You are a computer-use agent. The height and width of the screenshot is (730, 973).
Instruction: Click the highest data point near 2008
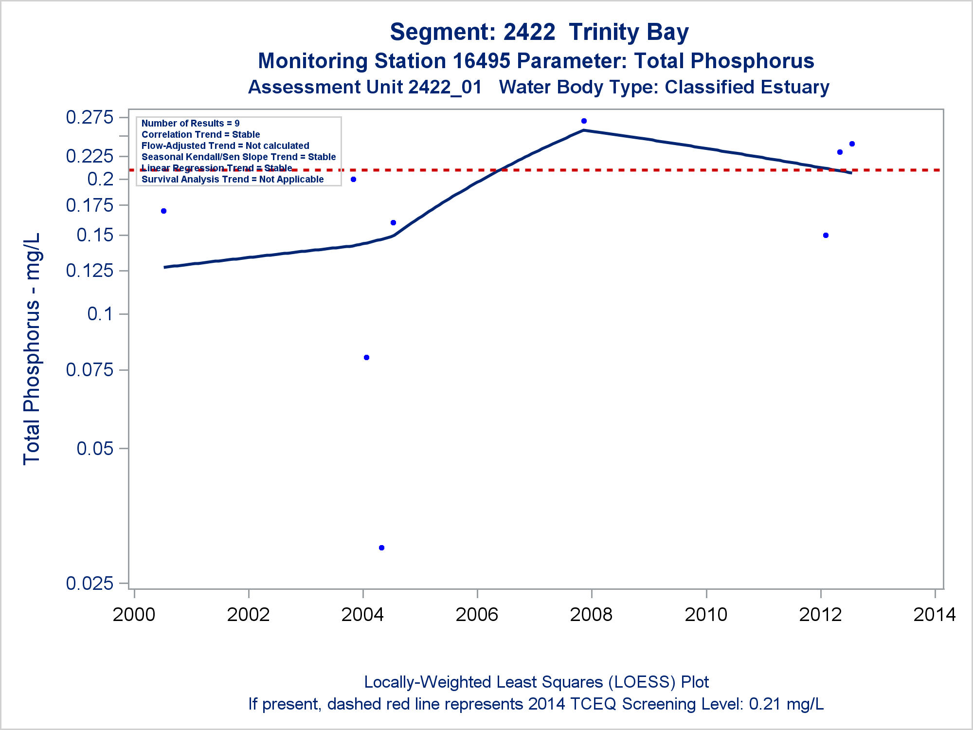coord(584,121)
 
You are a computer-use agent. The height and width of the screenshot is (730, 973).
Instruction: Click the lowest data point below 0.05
coord(381,547)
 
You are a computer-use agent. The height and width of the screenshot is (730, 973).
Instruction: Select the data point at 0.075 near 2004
coord(366,357)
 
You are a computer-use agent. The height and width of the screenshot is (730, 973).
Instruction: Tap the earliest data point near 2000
coord(163,211)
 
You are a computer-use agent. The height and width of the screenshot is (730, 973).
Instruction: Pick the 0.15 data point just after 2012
coord(826,235)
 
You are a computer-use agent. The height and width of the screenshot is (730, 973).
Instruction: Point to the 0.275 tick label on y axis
coord(90,117)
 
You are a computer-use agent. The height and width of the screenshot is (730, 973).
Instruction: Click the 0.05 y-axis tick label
coord(95,448)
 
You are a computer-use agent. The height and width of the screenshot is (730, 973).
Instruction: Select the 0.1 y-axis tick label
coord(100,314)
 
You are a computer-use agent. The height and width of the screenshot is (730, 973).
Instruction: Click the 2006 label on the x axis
coord(477,614)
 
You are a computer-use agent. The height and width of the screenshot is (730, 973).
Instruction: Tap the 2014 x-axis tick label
coord(935,614)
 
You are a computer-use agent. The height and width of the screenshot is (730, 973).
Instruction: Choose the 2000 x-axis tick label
coord(134,614)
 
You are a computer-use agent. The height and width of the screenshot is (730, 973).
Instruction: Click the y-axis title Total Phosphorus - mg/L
coord(32,348)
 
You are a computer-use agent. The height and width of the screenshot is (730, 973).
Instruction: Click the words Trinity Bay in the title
coord(629,32)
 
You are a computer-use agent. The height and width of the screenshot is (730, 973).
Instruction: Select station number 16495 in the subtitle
coord(481,61)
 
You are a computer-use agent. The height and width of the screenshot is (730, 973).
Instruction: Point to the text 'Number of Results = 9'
coord(190,123)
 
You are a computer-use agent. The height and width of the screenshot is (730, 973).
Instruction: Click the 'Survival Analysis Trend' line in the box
coord(232,179)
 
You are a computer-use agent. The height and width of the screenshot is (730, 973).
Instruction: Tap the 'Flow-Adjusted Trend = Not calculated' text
coord(225,146)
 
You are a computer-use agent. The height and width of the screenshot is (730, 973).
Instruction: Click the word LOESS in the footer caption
coord(641,682)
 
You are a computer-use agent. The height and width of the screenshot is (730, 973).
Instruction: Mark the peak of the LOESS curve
coord(584,130)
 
